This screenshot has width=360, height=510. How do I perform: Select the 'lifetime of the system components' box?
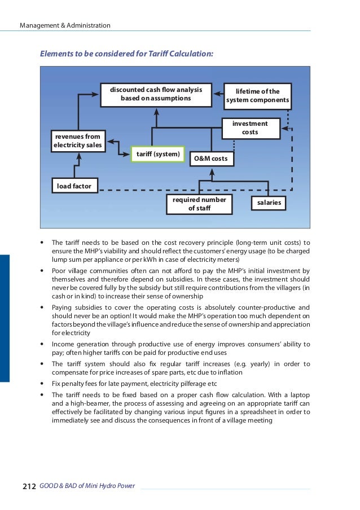tap(257, 96)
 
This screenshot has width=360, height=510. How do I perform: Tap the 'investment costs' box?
tap(250, 128)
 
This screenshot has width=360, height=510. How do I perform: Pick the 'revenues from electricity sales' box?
tap(77, 141)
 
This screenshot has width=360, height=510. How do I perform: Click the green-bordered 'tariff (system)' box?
tap(157, 154)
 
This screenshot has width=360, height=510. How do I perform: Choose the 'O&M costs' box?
tap(210, 159)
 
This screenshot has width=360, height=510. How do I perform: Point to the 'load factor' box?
tap(74, 185)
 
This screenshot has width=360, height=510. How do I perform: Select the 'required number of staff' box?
tap(199, 205)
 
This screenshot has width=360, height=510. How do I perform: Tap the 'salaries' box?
tap(269, 203)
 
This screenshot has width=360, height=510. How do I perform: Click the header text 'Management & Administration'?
tap(65, 26)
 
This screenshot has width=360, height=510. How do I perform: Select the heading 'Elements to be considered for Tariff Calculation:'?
tap(126, 54)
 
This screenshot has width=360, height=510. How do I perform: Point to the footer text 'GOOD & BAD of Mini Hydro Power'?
tap(87, 486)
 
